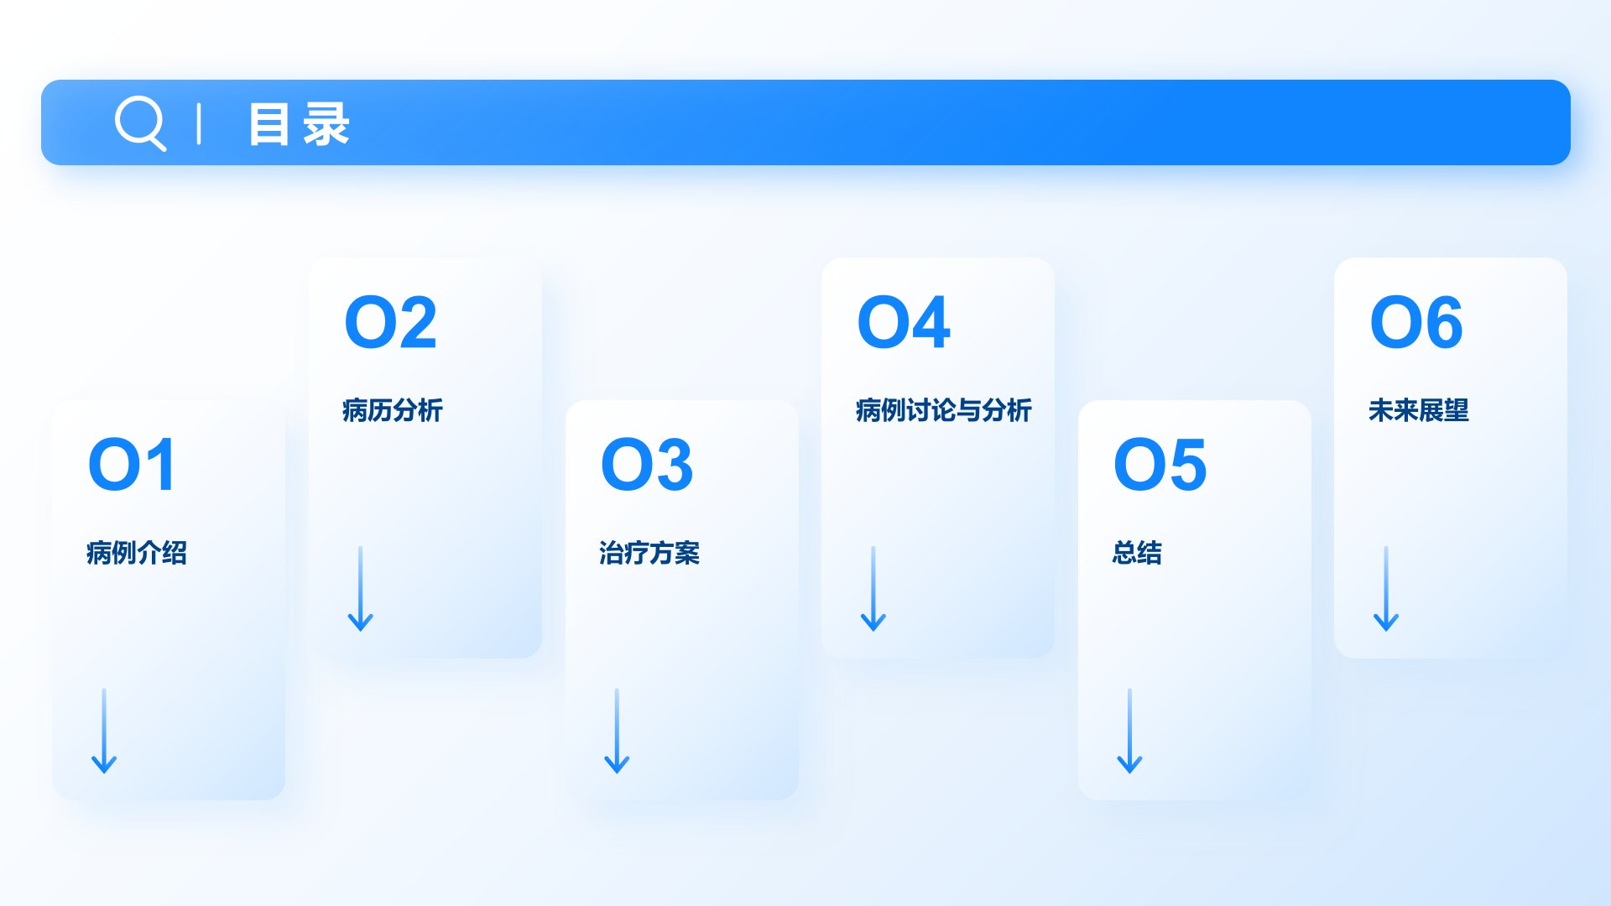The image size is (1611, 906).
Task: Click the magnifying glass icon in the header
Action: coord(139,122)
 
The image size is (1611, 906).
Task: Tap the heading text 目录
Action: coord(299,124)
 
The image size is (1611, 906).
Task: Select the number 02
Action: coord(391,322)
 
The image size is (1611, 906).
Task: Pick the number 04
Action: coord(904,322)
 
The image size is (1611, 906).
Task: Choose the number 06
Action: coord(1416,322)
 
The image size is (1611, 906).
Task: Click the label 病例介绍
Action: coord(137,553)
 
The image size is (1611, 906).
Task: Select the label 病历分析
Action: coord(393,410)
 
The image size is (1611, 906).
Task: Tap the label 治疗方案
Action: coord(649,553)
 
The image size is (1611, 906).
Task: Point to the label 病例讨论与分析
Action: coord(944,410)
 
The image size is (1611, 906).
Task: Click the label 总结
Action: coord(1137,553)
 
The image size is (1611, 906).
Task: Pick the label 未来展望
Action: coord(1419,410)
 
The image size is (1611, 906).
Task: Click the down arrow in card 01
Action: coord(104,731)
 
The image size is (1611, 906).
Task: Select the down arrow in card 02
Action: coord(361,589)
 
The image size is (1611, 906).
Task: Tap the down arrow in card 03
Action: coord(617,731)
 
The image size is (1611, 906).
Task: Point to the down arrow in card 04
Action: coord(873,589)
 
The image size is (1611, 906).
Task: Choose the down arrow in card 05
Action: coord(1129,731)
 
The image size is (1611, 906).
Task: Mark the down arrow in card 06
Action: coord(1386,589)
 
